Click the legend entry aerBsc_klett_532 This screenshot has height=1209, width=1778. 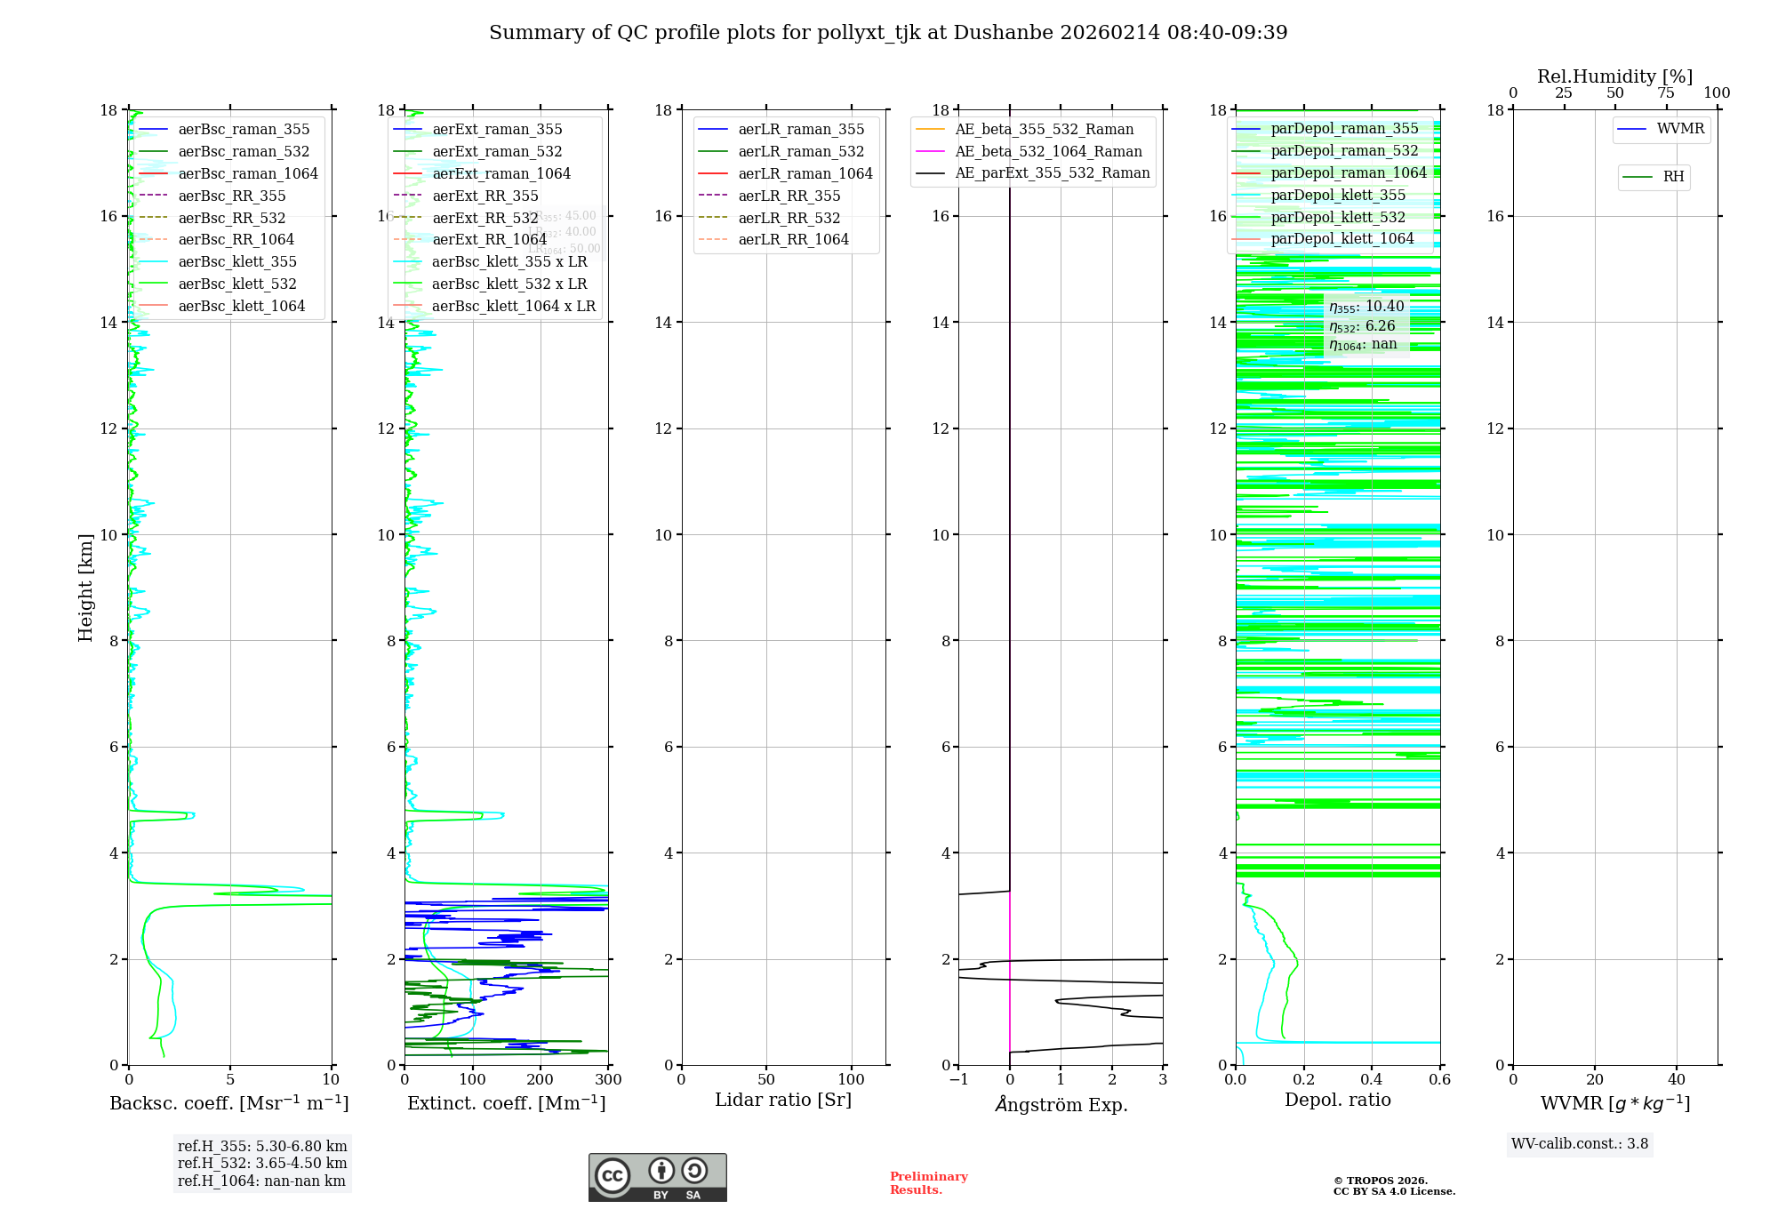pos(237,284)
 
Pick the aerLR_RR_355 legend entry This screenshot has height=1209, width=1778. pos(789,196)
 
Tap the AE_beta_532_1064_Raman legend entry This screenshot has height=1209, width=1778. pos(1048,152)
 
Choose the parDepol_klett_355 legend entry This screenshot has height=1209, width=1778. pos(1338,196)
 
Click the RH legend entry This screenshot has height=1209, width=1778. pos(1673,178)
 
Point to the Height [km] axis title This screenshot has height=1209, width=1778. pos(85,587)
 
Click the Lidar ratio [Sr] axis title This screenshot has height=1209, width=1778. pos(783,1101)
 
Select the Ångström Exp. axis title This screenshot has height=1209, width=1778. pos(1061,1105)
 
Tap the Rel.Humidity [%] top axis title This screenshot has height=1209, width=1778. pos(1614,77)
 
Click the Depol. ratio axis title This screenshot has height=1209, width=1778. pos(1337,1101)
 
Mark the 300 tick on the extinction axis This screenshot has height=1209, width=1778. pos(608,1080)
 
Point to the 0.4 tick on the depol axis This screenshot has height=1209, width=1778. pos(1372,1080)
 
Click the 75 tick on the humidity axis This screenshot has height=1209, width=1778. pos(1666,93)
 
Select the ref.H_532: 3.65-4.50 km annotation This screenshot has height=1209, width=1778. pos(262,1164)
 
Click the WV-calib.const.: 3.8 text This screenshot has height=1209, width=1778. pos(1580,1144)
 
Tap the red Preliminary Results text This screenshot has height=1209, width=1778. pos(928,1183)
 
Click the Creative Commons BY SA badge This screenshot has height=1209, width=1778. pos(657,1178)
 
